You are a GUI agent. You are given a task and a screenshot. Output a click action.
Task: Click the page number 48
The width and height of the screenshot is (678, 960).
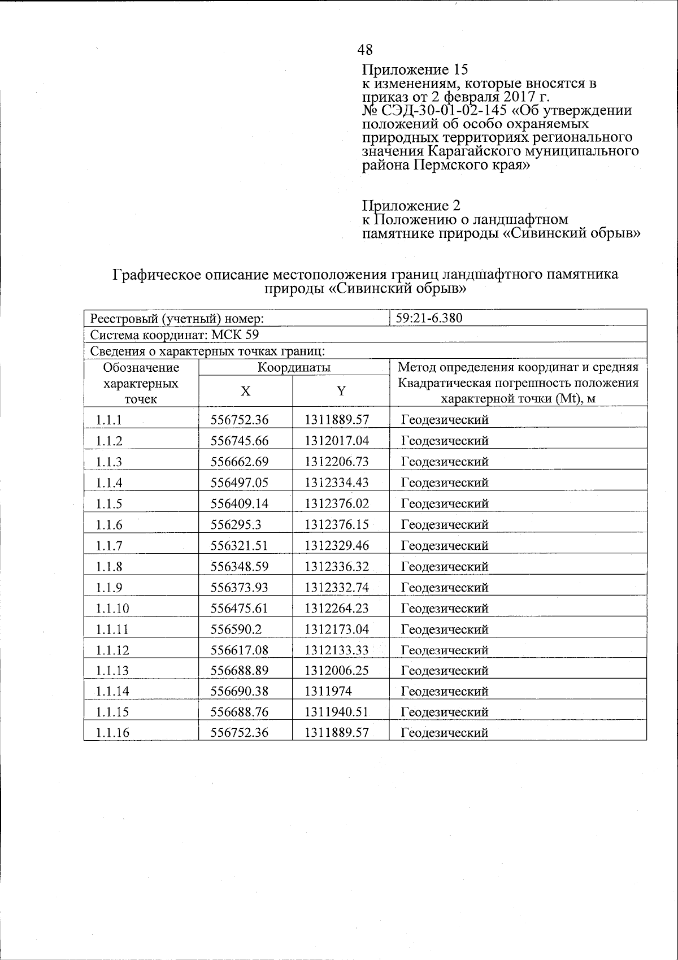(365, 50)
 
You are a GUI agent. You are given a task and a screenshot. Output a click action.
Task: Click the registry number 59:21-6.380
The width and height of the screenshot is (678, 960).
(429, 318)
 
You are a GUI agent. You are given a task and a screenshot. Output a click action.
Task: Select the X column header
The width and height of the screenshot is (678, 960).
(245, 391)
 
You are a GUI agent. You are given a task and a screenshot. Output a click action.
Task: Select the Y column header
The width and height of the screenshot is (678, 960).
(341, 391)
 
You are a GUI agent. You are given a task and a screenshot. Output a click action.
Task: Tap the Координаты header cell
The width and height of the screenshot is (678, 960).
(294, 368)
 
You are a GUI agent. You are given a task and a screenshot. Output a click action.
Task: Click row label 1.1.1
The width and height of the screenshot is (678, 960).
(109, 420)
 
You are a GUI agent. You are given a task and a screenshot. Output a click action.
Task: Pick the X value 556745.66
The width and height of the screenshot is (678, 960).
(239, 441)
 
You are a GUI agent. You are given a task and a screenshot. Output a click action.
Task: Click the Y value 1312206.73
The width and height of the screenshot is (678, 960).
(336, 462)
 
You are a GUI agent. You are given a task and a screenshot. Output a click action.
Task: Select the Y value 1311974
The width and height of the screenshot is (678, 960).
(328, 692)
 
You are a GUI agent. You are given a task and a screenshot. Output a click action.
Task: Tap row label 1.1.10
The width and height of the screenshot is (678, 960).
(112, 609)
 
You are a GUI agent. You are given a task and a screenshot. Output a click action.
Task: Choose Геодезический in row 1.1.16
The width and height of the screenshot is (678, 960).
(444, 733)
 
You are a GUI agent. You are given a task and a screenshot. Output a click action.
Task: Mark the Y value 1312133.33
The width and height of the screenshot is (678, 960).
(336, 650)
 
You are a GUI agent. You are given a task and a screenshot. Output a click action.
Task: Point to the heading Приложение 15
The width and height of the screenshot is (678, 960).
(415, 70)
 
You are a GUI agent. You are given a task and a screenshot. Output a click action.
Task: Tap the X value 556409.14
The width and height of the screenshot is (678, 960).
(239, 504)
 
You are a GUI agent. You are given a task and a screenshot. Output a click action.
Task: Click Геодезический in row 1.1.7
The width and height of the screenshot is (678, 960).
(444, 546)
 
